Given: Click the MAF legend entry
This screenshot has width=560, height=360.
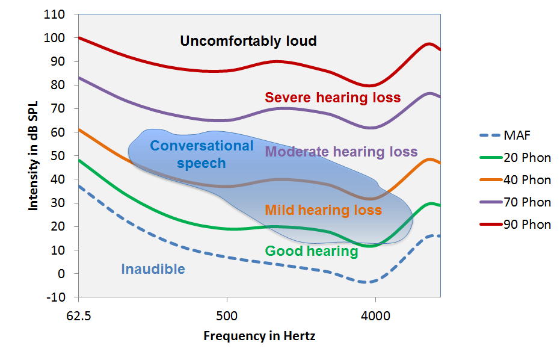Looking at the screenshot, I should [517, 135].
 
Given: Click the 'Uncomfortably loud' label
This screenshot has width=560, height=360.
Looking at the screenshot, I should [248, 42].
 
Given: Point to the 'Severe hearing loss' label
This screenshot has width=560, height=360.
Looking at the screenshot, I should [333, 98].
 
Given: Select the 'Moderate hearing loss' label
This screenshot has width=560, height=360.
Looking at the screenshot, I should [341, 152].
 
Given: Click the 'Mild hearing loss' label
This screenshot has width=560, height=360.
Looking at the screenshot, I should [323, 210].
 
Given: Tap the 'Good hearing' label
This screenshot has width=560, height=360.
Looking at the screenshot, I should [311, 251].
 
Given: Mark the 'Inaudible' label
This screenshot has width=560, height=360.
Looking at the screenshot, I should [153, 269].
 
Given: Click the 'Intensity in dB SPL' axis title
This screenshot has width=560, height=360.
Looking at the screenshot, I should [33, 156].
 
